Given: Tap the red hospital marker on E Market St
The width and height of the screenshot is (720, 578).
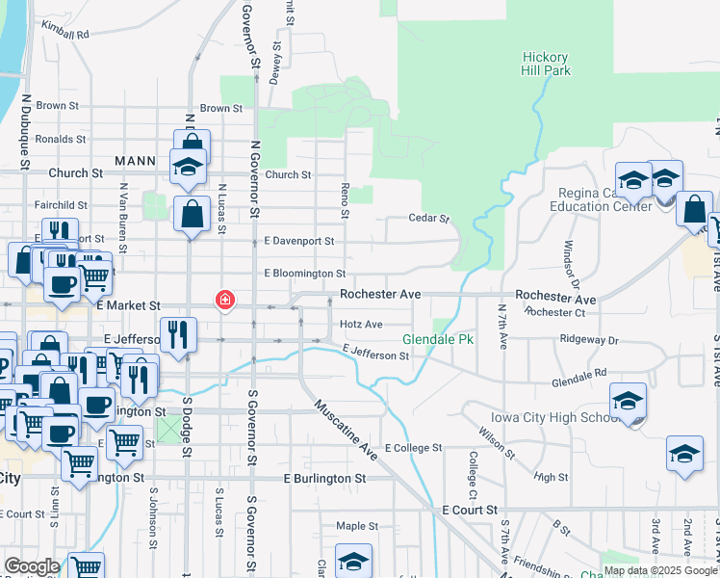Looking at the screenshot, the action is pos(225,301).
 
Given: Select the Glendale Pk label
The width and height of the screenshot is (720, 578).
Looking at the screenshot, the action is pos(438,340).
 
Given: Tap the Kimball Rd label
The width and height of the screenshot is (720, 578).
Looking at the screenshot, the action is pos(66,34).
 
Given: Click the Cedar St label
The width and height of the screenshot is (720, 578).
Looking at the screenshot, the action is pos(429,219).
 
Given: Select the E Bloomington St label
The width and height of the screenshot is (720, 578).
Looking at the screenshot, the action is pos(304,275).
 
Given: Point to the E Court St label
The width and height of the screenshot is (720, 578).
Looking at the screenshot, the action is pos(470,509).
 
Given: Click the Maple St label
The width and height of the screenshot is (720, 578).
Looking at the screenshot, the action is pos(357,526).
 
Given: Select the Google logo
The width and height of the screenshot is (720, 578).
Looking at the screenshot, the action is pos(32,566).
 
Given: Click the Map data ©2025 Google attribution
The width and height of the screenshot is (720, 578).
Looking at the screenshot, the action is pos(660,570).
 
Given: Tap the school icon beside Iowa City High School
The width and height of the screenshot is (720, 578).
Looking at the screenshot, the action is pos(627,401).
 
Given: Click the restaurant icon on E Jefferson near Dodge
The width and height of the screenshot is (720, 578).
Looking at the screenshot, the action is pos(176,336).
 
